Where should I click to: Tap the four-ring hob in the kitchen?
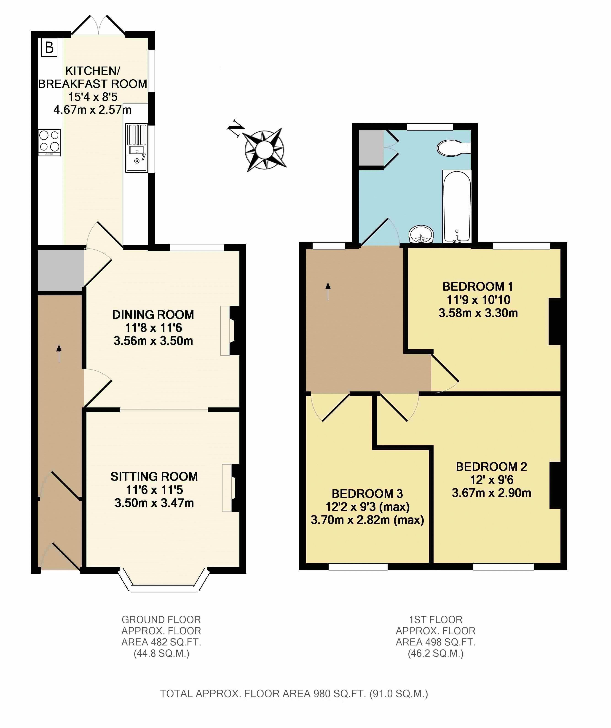[x=49, y=142]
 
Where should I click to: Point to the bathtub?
[x=457, y=207]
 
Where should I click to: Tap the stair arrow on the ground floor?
[x=59, y=354]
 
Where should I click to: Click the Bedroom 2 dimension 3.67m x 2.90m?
[x=491, y=493]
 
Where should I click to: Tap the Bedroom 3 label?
[x=367, y=494]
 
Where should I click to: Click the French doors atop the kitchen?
[x=99, y=25]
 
